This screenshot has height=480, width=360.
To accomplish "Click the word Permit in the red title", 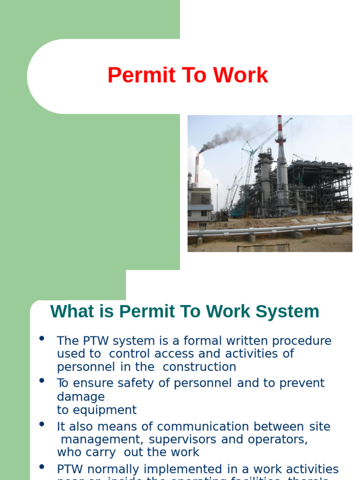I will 134,75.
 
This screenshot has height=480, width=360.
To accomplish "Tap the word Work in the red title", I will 240,75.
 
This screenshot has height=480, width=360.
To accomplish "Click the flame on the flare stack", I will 199,152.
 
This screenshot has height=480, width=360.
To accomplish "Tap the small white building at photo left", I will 199,206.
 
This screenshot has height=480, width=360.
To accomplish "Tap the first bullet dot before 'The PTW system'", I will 43,338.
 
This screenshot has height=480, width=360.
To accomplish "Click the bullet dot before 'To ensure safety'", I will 43,381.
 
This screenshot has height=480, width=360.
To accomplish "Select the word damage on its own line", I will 81,397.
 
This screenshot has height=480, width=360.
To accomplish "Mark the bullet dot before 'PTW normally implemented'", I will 43,467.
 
